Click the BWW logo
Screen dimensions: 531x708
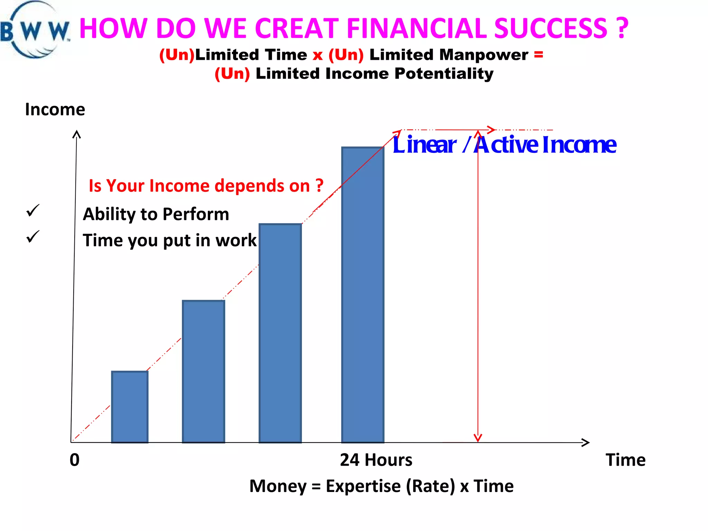pyautogui.click(x=35, y=30)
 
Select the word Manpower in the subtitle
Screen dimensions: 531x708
pyautogui.click(x=484, y=55)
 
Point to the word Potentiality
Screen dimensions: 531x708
pyautogui.click(x=444, y=74)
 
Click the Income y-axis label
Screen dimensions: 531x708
pyautogui.click(x=55, y=110)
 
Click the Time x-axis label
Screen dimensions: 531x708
pyautogui.click(x=625, y=460)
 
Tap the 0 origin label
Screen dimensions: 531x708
pyautogui.click(x=75, y=460)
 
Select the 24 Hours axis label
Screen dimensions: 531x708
pyautogui.click(x=376, y=460)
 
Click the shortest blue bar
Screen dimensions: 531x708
pyautogui.click(x=130, y=407)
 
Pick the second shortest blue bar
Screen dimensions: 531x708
pyautogui.click(x=203, y=372)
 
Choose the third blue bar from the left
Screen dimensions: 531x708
pyautogui.click(x=280, y=333)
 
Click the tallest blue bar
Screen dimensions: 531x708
pyautogui.click(x=363, y=295)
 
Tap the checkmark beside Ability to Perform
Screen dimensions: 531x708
pyautogui.click(x=33, y=210)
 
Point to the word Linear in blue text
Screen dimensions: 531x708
pyautogui.click(x=424, y=145)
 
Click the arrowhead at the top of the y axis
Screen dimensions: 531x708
pyautogui.click(x=76, y=134)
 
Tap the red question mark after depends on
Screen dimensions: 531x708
pyautogui.click(x=319, y=186)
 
